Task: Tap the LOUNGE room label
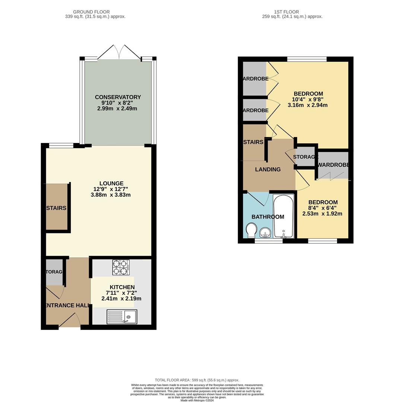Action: pyautogui.click(x=111, y=184)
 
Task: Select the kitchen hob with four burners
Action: pyautogui.click(x=121, y=267)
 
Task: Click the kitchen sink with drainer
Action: pyautogui.click(x=122, y=317)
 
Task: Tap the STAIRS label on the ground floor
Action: pyautogui.click(x=56, y=208)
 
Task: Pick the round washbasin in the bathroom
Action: pyautogui.click(x=265, y=233)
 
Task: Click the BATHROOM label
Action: pyautogui.click(x=268, y=217)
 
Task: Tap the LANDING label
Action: pyautogui.click(x=268, y=169)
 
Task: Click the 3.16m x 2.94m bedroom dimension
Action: pyautogui.click(x=308, y=105)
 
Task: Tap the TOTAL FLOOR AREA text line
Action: pyautogui.click(x=197, y=380)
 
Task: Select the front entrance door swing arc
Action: pyautogui.click(x=71, y=320)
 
